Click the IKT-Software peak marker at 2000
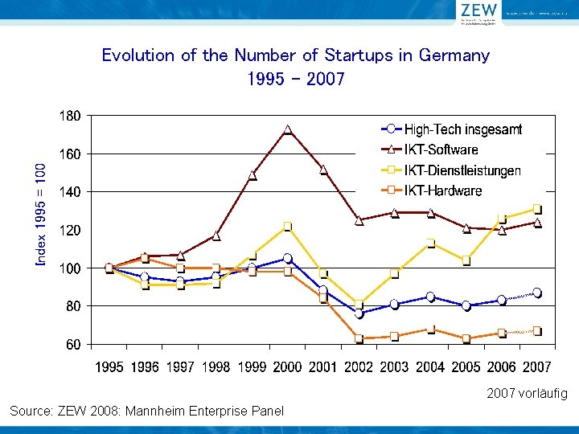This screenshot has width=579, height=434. click(287, 129)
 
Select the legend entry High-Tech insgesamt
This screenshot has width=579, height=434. click(463, 129)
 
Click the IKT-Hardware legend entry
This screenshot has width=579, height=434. click(443, 190)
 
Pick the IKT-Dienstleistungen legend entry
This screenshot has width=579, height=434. click(462, 170)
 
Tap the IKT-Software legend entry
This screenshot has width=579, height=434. click(441, 149)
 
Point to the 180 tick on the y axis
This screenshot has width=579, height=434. click(71, 116)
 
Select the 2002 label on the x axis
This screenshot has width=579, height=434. click(359, 367)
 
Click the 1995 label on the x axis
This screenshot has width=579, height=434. click(110, 367)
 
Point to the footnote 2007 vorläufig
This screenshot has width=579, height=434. click(527, 394)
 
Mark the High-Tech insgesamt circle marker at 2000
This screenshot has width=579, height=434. click(287, 259)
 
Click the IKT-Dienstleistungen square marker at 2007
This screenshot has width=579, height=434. click(536, 209)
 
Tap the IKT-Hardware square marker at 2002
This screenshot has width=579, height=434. click(359, 338)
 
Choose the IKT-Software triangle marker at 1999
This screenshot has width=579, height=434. click(253, 175)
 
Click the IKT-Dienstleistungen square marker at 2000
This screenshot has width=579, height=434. click(287, 227)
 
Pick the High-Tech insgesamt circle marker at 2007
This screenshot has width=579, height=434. click(536, 293)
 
